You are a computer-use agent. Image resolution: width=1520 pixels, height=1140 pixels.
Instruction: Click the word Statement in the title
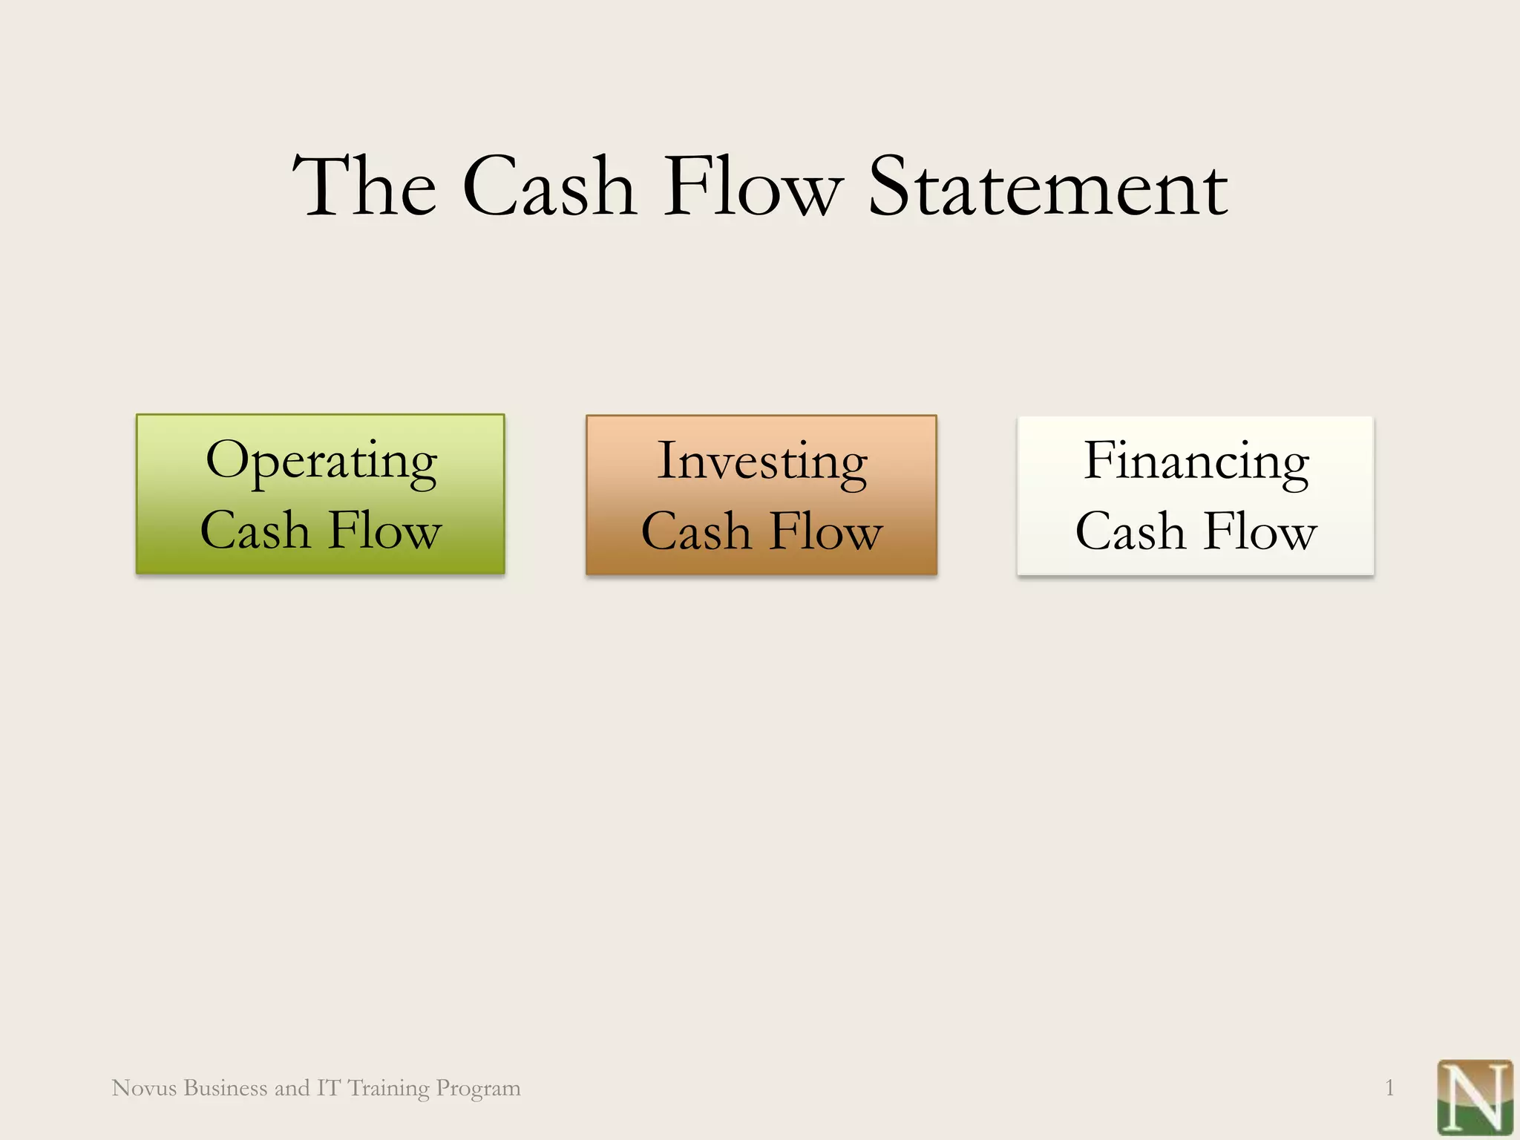click(x=1047, y=187)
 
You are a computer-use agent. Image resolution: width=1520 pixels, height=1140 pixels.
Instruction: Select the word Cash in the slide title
click(x=549, y=187)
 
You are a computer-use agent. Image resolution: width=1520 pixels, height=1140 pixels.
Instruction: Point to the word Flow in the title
click(x=753, y=187)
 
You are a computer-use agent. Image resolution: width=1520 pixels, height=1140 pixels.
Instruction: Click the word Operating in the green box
click(x=321, y=461)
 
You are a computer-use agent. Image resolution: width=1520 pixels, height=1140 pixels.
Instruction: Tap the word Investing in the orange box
click(x=762, y=462)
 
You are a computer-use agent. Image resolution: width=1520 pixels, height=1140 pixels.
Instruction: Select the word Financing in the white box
click(x=1196, y=462)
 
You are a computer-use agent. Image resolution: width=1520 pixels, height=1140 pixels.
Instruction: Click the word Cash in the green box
click(x=255, y=531)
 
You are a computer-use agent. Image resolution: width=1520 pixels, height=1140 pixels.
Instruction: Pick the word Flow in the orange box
click(x=826, y=531)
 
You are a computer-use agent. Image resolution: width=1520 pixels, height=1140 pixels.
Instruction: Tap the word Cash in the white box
click(x=1130, y=531)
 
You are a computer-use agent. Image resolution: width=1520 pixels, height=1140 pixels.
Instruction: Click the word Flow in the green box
click(x=385, y=531)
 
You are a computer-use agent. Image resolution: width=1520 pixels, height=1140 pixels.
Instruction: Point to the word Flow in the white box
click(x=1260, y=531)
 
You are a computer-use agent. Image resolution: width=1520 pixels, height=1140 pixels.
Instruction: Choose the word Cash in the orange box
click(x=696, y=531)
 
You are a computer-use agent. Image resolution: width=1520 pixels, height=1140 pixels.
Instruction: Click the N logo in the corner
click(x=1474, y=1097)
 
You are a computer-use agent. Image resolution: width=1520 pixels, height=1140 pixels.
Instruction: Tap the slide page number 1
click(x=1389, y=1088)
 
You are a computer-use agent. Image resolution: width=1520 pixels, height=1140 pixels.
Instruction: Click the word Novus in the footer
click(x=144, y=1088)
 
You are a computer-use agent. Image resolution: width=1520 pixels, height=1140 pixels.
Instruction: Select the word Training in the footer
click(x=388, y=1089)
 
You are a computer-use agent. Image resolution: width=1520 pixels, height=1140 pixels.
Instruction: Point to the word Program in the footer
click(x=478, y=1089)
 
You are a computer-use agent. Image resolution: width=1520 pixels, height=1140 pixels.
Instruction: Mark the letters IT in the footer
click(x=328, y=1088)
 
